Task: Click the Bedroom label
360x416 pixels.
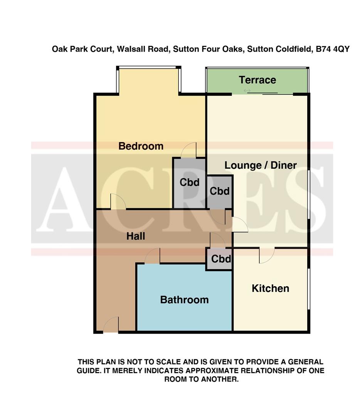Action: [x=141, y=146]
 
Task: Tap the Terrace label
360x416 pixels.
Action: [x=257, y=80]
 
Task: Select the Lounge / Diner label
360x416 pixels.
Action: [x=261, y=165]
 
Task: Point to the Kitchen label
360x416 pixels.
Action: [x=270, y=289]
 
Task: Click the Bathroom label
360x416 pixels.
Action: [x=184, y=300]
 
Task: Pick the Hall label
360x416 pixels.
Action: [x=136, y=236]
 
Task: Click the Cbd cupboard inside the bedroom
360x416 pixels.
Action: [x=189, y=182]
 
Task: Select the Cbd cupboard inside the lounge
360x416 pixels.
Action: [x=220, y=191]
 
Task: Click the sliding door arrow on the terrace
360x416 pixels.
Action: [x=247, y=91]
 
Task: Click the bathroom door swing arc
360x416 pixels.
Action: [x=153, y=257]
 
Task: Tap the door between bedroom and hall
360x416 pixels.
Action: [x=118, y=202]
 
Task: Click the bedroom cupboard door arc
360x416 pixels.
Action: [x=189, y=150]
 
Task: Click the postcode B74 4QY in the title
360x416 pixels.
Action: [x=332, y=49]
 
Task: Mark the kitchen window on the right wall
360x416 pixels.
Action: [x=308, y=289]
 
